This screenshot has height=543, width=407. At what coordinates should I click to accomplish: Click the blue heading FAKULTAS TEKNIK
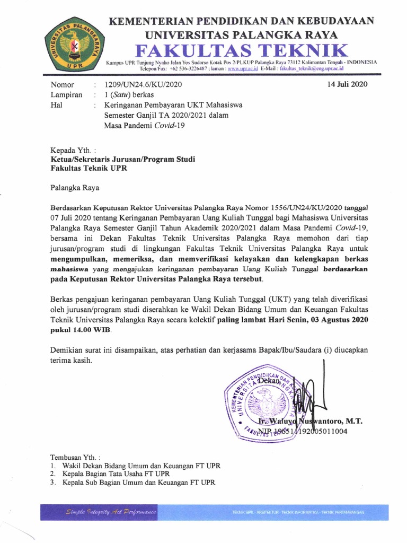coord(242,51)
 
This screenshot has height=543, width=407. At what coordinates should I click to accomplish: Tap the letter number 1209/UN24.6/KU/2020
coord(143,85)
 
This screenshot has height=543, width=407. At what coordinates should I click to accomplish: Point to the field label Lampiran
coord(66,95)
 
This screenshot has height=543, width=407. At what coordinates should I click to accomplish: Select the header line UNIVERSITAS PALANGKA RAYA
coord(242,35)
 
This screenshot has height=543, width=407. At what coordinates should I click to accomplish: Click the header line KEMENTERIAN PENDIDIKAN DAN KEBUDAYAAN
coord(242,21)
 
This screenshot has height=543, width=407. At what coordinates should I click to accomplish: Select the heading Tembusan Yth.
coord(75,457)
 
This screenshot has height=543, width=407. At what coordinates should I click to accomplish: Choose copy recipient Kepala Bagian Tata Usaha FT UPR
coord(116,474)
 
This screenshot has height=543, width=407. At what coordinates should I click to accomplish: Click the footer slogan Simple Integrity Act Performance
coord(111,512)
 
